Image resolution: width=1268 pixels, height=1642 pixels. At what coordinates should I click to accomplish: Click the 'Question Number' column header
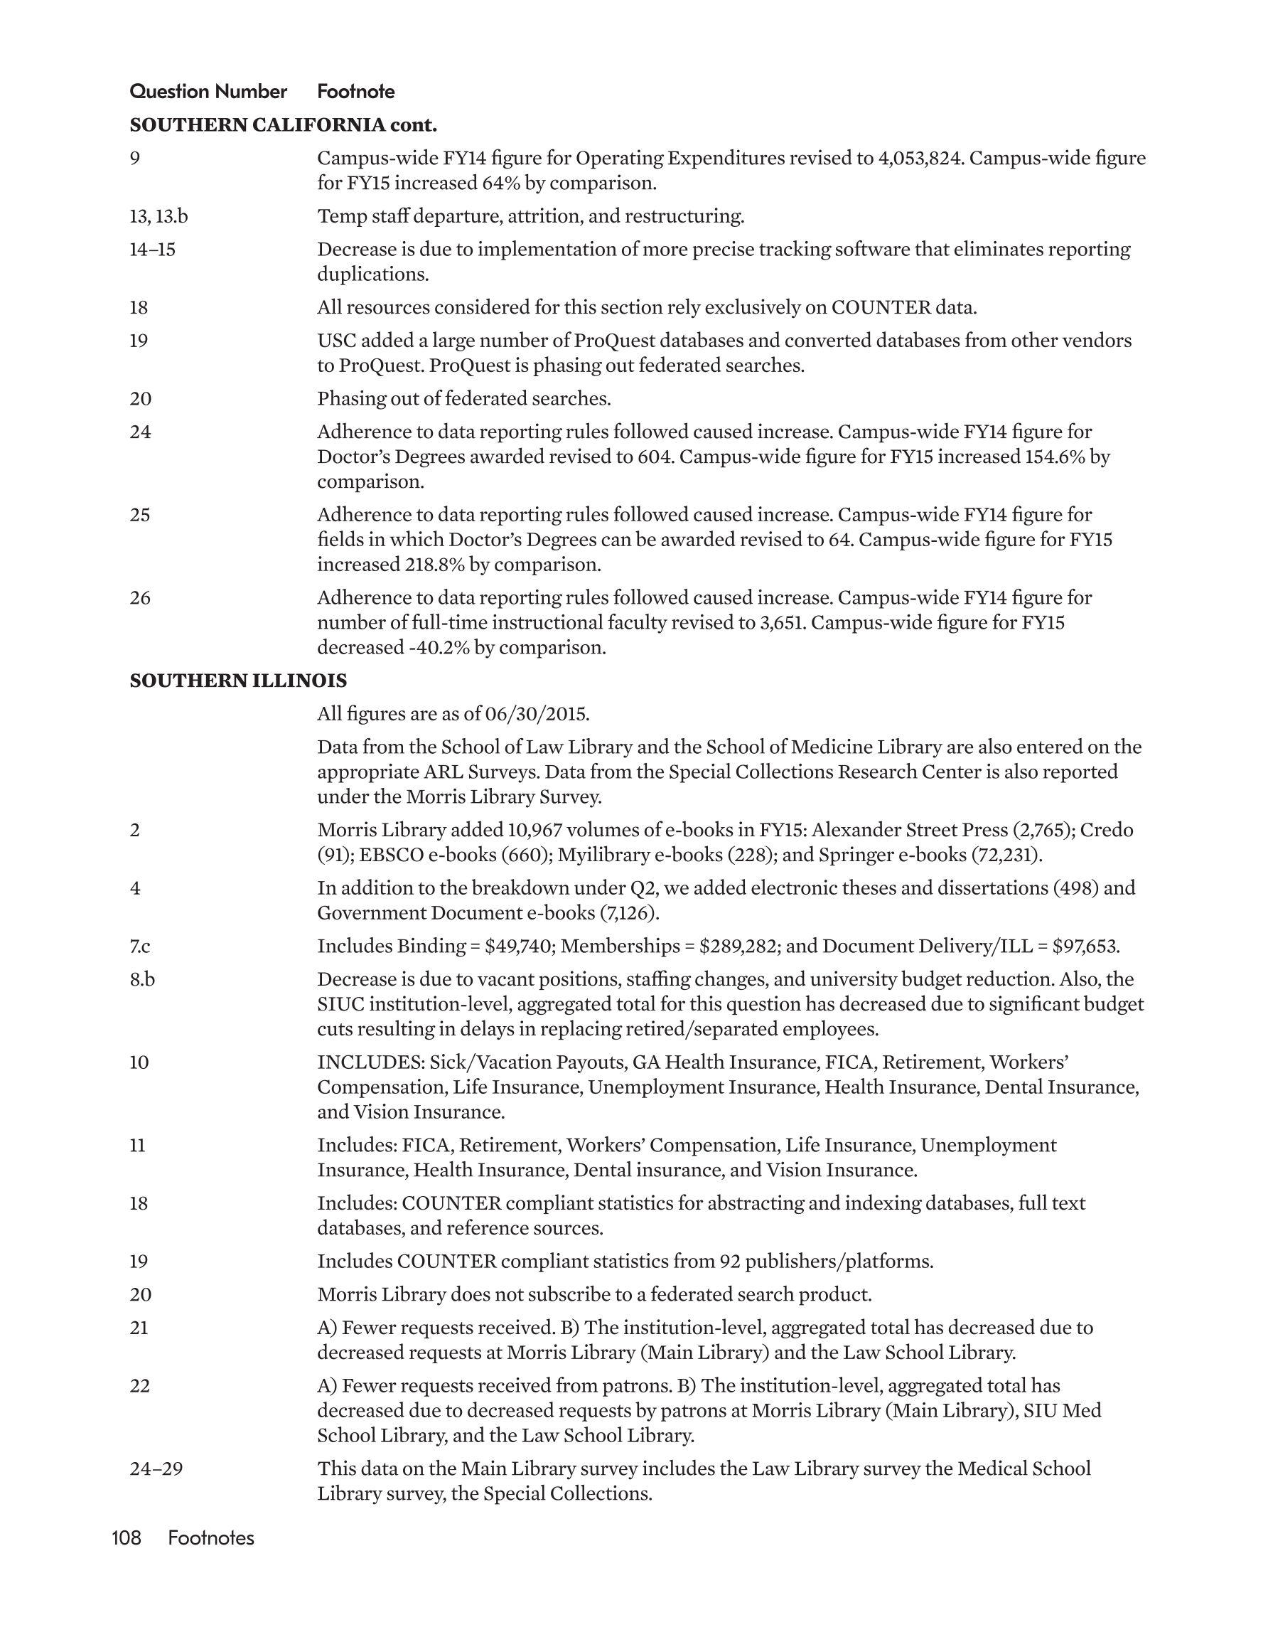[x=208, y=92]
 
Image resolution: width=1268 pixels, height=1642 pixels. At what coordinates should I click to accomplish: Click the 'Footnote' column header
[x=355, y=92]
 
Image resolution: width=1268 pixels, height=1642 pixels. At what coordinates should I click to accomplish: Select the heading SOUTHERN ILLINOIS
[x=238, y=681]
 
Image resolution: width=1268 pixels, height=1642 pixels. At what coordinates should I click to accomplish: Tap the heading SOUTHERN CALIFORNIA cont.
[x=284, y=125]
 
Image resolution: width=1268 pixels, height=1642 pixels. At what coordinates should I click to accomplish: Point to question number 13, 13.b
[x=158, y=216]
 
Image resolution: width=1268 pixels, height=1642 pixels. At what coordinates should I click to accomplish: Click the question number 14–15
[x=153, y=250]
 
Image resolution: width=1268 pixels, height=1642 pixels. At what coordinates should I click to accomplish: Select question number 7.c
[x=140, y=947]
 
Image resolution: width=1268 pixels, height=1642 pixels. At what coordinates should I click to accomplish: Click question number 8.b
[x=142, y=980]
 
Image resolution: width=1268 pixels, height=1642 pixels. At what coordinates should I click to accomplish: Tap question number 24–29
[x=156, y=1468]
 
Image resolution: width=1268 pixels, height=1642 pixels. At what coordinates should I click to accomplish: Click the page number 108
[x=127, y=1538]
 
